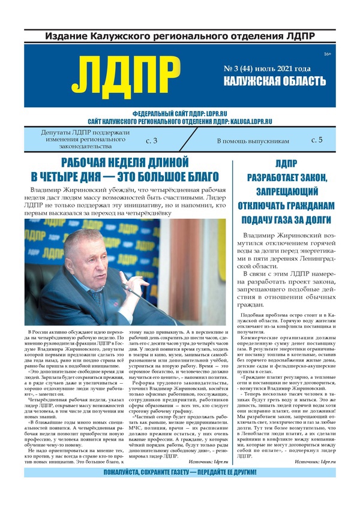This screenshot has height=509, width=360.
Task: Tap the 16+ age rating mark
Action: tap(327, 55)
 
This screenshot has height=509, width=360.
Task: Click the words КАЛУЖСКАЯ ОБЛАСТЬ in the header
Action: tap(275, 82)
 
